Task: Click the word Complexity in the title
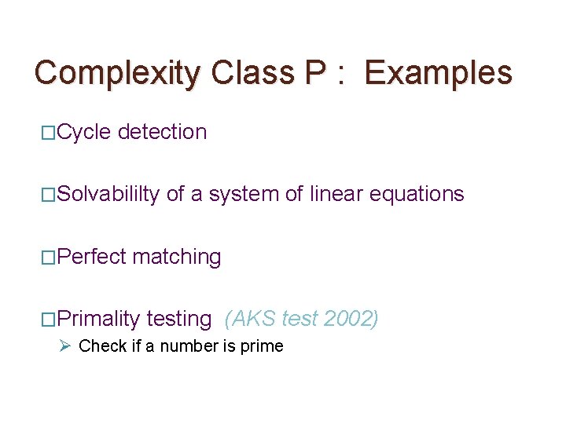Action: tap(118, 73)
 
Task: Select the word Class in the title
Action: tap(252, 73)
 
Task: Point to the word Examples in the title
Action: tap(439, 73)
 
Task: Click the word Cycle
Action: tap(85, 132)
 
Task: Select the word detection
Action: tap(163, 132)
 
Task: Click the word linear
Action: tap(336, 194)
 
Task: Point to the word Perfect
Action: tap(92, 257)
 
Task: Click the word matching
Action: tap(177, 257)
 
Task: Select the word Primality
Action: tap(98, 319)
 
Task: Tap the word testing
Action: tap(179, 319)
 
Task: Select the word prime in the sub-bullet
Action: tap(263, 345)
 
